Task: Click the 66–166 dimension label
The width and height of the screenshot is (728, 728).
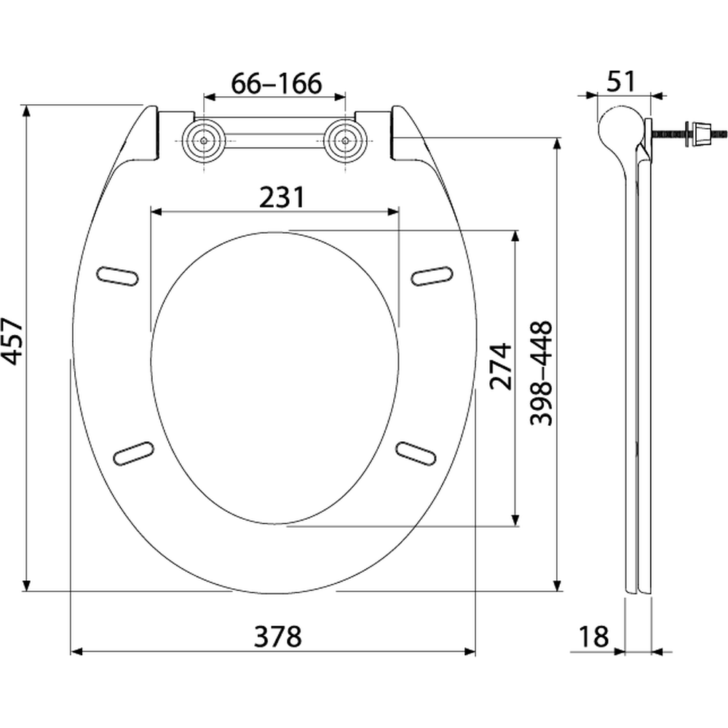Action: [276, 84]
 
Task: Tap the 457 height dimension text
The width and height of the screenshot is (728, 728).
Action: [12, 341]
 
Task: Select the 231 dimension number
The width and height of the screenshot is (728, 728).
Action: [282, 197]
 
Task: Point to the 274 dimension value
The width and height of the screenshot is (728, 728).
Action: [501, 367]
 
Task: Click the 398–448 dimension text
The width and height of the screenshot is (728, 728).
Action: [542, 373]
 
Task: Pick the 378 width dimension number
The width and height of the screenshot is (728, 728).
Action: [277, 636]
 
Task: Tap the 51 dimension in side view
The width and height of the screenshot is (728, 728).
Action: [621, 82]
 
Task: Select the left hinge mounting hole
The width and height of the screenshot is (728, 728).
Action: [204, 141]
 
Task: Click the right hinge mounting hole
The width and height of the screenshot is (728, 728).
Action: [345, 141]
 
